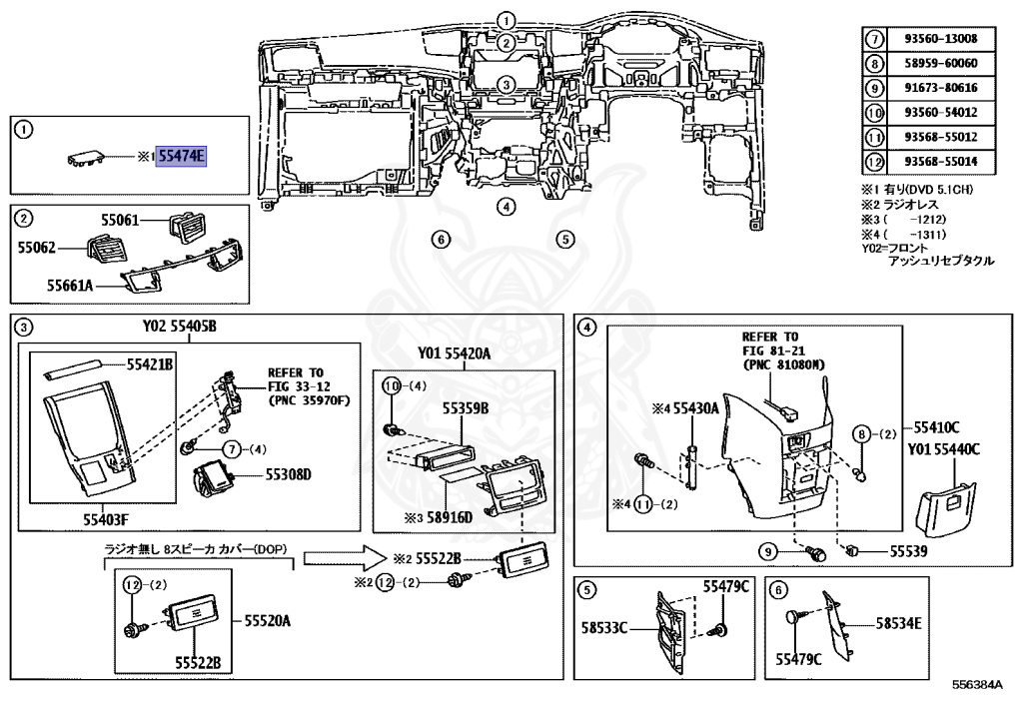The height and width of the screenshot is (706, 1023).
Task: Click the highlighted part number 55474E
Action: point(181,157)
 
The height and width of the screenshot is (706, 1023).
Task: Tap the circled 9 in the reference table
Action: point(874,88)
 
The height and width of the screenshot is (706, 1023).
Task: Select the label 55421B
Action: point(150,365)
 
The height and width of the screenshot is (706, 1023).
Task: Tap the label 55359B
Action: point(464,408)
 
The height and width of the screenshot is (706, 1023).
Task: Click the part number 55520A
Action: point(267,621)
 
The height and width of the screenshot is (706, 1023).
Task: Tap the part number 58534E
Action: point(898,623)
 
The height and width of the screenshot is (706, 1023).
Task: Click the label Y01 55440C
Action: point(944,449)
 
